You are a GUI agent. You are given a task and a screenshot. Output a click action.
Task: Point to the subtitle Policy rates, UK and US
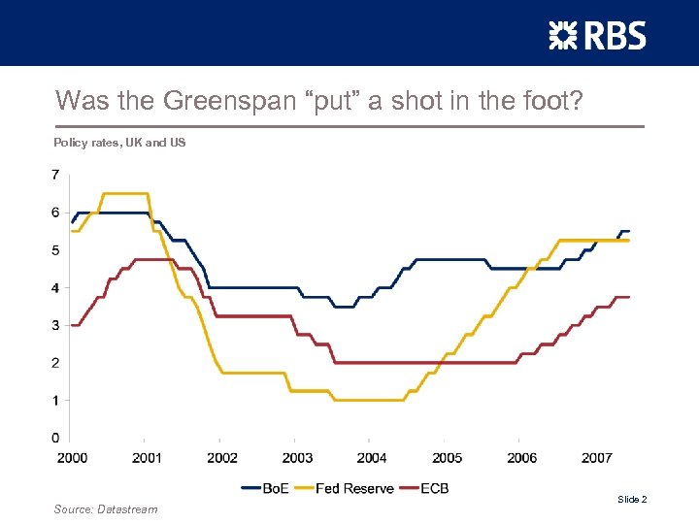119,143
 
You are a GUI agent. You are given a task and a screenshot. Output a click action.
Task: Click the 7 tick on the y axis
55,175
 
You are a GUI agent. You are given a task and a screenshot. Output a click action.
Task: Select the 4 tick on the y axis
55,287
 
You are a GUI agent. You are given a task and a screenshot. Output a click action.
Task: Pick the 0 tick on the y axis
55,438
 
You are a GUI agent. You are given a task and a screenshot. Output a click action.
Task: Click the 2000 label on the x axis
72,458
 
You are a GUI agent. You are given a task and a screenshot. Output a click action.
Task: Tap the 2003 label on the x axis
297,458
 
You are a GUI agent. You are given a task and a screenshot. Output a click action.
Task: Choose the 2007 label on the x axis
597,458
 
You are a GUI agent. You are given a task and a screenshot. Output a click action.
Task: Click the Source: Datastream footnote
105,509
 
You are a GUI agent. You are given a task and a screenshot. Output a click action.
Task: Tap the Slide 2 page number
631,499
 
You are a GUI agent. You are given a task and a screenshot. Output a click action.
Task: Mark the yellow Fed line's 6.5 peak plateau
125,193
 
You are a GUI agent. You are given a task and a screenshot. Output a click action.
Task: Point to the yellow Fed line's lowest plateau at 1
369,400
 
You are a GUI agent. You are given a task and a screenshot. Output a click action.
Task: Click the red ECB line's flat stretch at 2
427,362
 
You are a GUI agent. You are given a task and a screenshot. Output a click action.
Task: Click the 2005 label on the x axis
447,458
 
